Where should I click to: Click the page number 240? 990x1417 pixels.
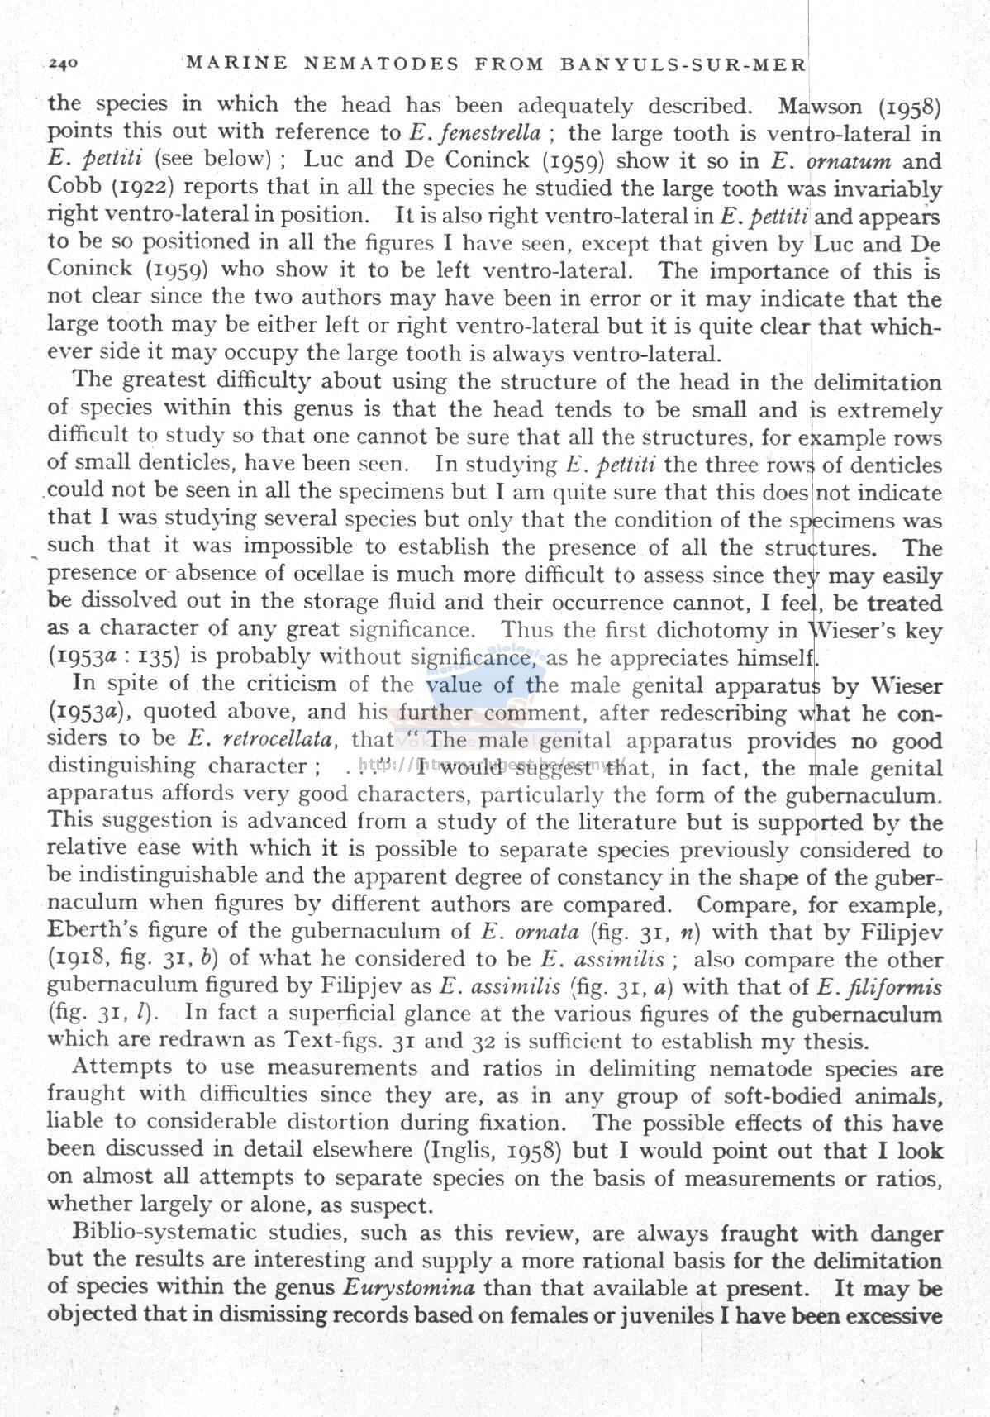(x=63, y=63)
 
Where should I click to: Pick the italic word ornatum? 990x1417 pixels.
(x=850, y=160)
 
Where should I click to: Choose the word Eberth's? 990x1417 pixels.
(x=93, y=931)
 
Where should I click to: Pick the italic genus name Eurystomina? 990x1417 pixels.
(x=407, y=1288)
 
